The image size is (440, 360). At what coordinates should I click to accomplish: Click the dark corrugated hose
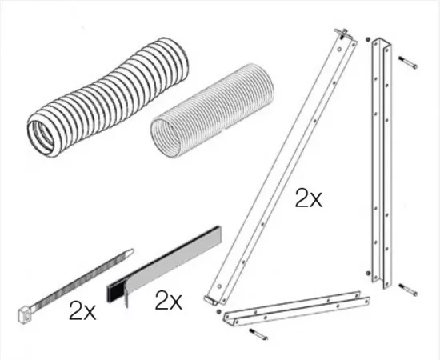tap(108, 97)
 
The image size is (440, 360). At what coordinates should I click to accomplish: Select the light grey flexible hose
tap(213, 111)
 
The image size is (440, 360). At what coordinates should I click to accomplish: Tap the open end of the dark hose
tap(42, 138)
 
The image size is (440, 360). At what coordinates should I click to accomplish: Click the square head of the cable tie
tap(25, 315)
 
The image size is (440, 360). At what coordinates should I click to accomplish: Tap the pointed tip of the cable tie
tap(130, 251)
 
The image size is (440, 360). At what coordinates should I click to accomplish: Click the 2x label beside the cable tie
tap(82, 310)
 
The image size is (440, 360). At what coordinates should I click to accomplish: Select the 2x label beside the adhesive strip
tap(169, 300)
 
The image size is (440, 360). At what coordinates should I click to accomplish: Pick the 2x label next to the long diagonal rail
tap(309, 198)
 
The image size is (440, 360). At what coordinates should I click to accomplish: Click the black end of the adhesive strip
tap(114, 293)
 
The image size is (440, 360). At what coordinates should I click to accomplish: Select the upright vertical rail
tap(382, 162)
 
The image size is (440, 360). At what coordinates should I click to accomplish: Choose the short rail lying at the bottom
tap(296, 308)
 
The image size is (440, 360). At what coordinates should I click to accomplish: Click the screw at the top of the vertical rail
tap(408, 62)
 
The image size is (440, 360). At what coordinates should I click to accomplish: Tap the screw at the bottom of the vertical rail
tap(408, 290)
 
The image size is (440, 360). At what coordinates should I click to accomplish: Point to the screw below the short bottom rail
tap(258, 334)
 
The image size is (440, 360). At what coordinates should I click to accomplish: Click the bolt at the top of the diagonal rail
tap(342, 34)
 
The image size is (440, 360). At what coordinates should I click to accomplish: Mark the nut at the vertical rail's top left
tap(368, 39)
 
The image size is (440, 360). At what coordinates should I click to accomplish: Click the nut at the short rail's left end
tap(218, 311)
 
